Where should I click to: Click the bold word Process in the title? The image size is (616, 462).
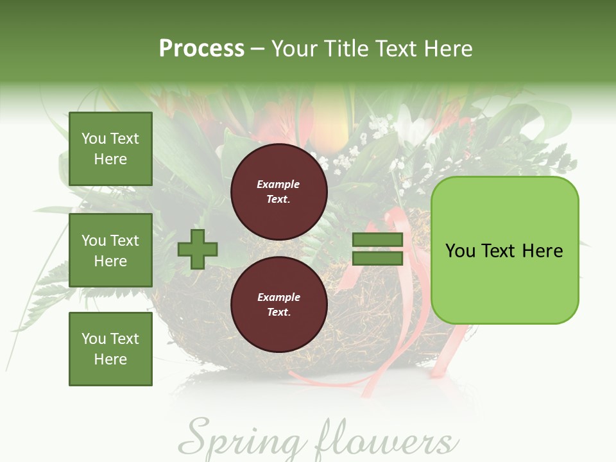tap(201, 49)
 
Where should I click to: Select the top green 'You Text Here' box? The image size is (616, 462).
tap(110, 149)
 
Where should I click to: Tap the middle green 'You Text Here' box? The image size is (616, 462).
tap(110, 250)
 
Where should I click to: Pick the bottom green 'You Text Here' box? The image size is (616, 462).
tap(110, 349)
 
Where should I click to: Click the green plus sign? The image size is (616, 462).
tap(198, 249)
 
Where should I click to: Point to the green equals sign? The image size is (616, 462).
tap(378, 249)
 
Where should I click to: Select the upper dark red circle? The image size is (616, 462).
tap(279, 191)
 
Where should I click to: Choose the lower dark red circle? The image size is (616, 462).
tap(279, 304)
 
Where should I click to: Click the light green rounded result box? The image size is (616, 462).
tap(504, 250)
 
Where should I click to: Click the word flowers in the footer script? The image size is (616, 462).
tap(386, 440)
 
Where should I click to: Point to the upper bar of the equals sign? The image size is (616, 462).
tap(378, 240)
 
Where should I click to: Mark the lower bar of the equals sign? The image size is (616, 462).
tap(378, 258)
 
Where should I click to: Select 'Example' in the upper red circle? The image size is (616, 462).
tap(278, 184)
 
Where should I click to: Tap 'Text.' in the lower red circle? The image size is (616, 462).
tap(278, 312)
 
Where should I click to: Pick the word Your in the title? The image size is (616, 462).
tap(294, 49)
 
